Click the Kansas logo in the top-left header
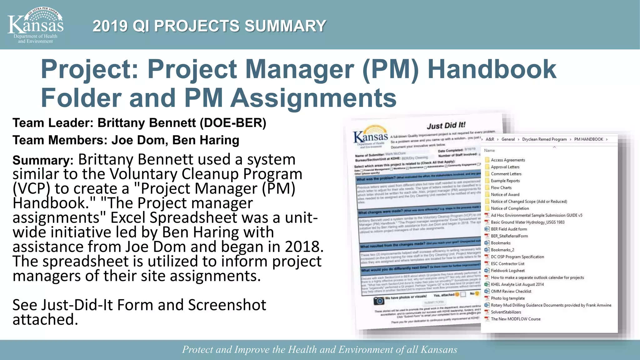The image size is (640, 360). click(x=35, y=25)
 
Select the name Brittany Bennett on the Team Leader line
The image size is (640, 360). click(x=147, y=123)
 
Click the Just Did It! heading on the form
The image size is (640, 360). click(x=446, y=125)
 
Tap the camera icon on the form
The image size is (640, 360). click(x=379, y=301)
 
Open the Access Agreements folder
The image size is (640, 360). click(x=507, y=160)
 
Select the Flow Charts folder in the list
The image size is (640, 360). click(x=501, y=187)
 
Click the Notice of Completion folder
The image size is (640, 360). click(x=510, y=208)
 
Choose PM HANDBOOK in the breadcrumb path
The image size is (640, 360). click(x=588, y=139)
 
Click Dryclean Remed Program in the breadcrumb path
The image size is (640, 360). click(x=544, y=139)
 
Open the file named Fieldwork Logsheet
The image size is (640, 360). click(x=507, y=271)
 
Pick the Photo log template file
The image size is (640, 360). click(x=507, y=298)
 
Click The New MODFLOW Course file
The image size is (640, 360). click(x=515, y=319)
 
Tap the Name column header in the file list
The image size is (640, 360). click(x=489, y=151)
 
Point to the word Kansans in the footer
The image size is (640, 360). click(x=439, y=349)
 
